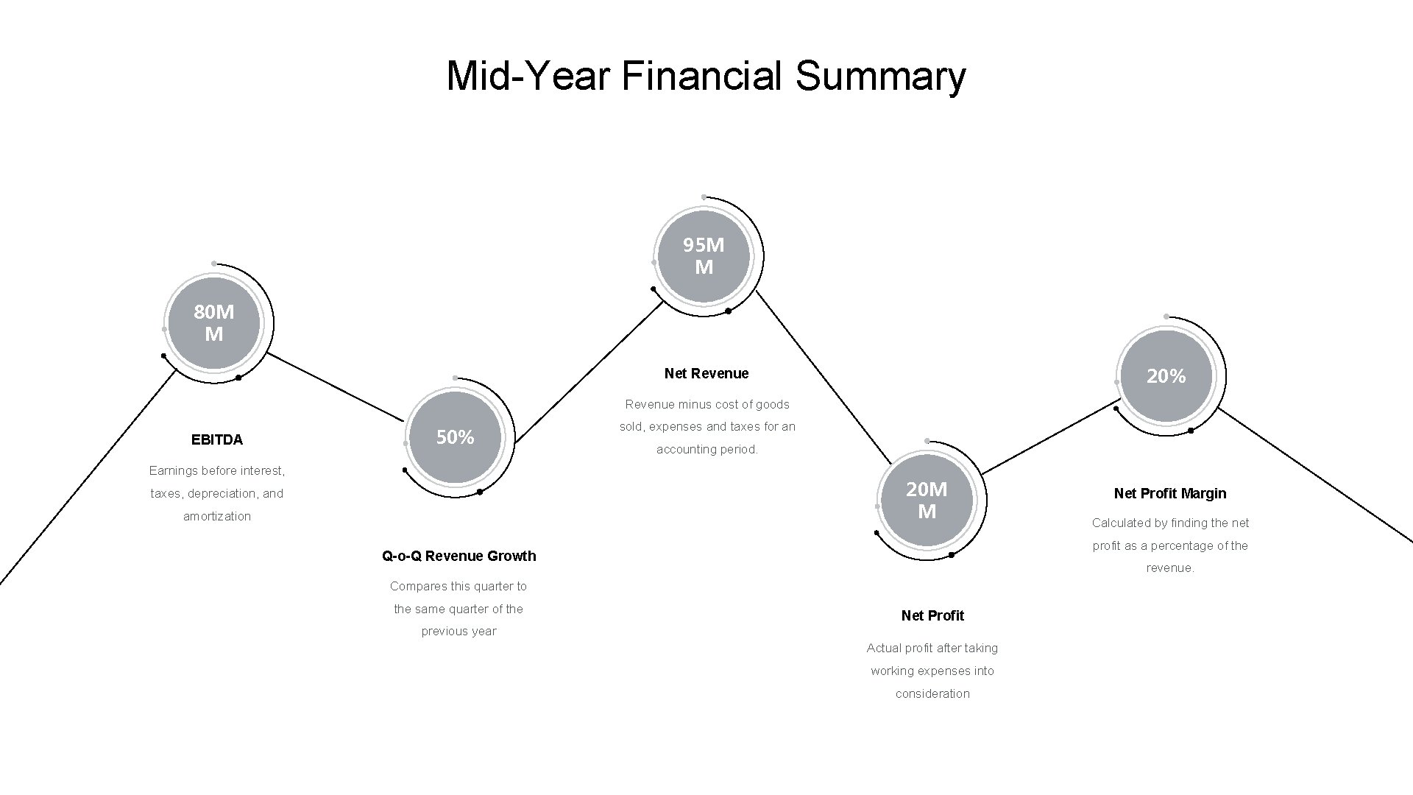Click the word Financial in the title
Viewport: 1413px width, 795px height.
702,77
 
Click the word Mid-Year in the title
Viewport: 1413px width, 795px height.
528,77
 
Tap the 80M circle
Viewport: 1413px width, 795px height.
214,323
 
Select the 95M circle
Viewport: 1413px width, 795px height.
704,256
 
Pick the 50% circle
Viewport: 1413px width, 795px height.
456,437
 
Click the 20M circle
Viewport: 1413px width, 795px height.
927,501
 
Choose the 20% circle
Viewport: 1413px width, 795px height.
1166,376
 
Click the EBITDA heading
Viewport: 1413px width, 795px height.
217,439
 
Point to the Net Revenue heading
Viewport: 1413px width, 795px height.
706,373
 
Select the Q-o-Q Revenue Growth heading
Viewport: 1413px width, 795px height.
459,556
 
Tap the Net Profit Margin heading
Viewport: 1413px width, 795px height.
1170,493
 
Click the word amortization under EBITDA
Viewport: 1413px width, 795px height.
217,516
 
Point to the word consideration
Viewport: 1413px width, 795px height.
932,693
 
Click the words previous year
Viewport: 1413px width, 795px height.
459,631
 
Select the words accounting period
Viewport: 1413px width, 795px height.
706,449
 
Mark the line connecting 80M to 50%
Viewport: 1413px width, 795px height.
335,387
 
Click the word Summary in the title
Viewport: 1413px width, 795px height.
880,77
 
